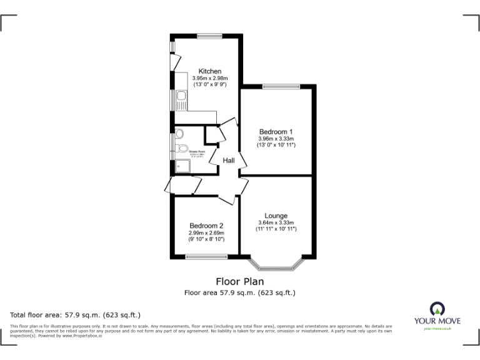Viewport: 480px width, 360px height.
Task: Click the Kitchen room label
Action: pyautogui.click(x=210, y=71)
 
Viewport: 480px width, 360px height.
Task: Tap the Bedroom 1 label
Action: pyautogui.click(x=276, y=131)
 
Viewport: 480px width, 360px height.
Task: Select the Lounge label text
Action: pyautogui.click(x=276, y=216)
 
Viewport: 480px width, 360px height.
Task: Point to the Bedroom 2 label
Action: pyautogui.click(x=206, y=226)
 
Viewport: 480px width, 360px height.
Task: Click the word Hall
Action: pyautogui.click(x=229, y=161)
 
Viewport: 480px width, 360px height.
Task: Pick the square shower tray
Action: pyautogui.click(x=182, y=166)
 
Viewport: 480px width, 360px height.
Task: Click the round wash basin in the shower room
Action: pyautogui.click(x=179, y=133)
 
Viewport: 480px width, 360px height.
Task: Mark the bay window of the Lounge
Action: pyautogui.click(x=276, y=266)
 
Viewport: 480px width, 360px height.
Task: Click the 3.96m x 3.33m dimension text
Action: pyautogui.click(x=276, y=139)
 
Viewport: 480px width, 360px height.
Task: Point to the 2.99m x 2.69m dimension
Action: pyautogui.click(x=206, y=232)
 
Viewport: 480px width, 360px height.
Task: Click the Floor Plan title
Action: pyautogui.click(x=239, y=281)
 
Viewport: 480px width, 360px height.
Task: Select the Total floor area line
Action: pyautogui.click(x=76, y=314)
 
